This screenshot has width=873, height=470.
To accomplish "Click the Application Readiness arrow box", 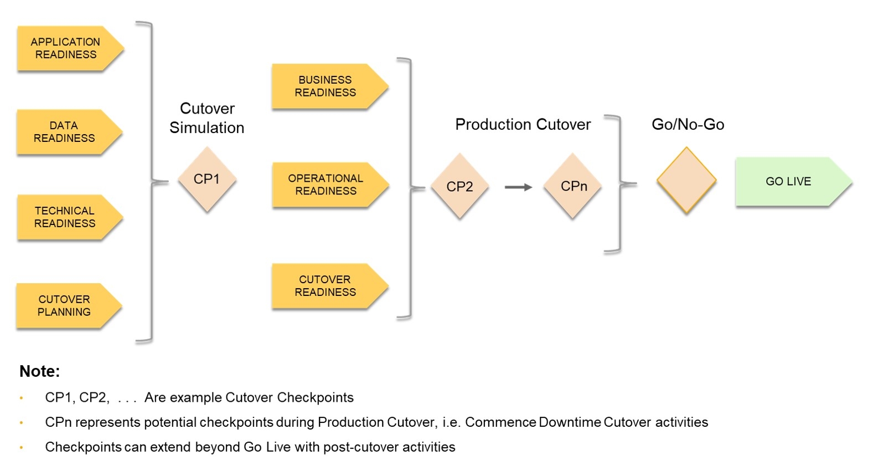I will click(x=66, y=48).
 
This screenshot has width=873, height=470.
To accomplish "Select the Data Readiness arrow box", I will click(x=65, y=132).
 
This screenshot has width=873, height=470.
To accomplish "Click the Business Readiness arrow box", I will click(x=326, y=86).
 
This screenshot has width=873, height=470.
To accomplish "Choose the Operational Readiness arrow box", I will click(x=327, y=185).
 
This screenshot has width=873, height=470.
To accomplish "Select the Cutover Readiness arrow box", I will click(x=326, y=286).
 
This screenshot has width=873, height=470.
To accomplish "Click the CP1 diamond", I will click(x=207, y=179).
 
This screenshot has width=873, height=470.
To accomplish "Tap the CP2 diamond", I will click(x=460, y=187).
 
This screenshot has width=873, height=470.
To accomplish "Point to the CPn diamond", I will click(x=574, y=186).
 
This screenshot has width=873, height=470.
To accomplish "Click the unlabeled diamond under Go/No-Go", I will click(x=686, y=181).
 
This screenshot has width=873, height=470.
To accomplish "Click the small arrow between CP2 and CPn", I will click(x=518, y=187).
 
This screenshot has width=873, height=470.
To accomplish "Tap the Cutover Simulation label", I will click(x=207, y=118).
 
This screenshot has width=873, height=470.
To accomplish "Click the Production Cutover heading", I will click(x=523, y=125).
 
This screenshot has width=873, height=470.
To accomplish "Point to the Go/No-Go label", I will click(x=688, y=125).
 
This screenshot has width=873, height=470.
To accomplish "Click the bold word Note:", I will click(x=39, y=371).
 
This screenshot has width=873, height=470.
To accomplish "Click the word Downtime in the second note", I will click(x=570, y=422).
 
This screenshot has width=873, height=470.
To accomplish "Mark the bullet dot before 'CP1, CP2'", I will click(x=22, y=398).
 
